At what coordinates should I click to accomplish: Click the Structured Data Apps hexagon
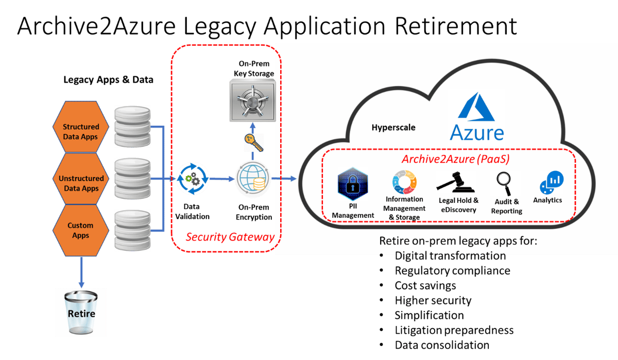tap(81, 132)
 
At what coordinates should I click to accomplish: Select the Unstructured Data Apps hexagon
tap(81, 183)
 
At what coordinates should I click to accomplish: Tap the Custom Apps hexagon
tap(81, 230)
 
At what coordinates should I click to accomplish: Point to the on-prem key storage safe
tap(252, 101)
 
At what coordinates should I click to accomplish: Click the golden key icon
tap(254, 143)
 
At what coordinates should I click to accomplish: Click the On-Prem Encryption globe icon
tap(253, 180)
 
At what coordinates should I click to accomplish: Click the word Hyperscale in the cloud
tap(393, 127)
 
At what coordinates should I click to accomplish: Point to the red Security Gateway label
tap(229, 237)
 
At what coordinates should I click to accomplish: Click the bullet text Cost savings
tap(425, 285)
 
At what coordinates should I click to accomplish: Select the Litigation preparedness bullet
tap(454, 330)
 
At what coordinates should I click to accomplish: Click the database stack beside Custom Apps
tap(132, 227)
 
